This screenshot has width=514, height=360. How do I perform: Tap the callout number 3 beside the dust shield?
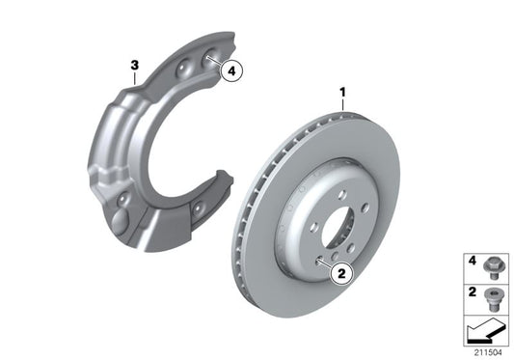click(x=136, y=65)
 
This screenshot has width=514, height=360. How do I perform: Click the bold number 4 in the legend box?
click(x=473, y=260)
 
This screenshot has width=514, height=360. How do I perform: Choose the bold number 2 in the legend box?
click(x=473, y=291)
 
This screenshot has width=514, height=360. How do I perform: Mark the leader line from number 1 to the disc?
click(x=342, y=106)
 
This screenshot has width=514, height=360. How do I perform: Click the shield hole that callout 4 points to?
click(x=207, y=62)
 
